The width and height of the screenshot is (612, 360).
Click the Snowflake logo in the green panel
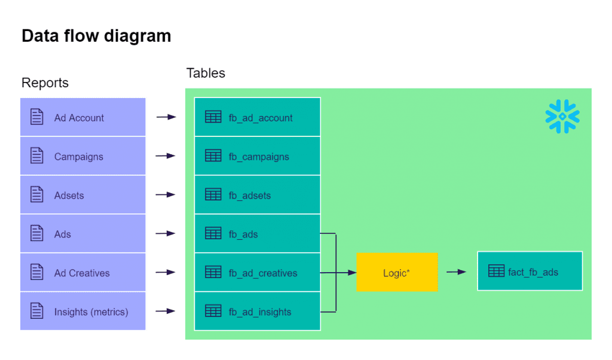coord(562,117)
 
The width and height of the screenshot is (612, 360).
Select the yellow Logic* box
coord(397,273)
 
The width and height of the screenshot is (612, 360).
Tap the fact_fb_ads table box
coord(530,271)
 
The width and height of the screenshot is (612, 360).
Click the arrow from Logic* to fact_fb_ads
coord(457,272)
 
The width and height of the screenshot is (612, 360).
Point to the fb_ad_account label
coord(261,118)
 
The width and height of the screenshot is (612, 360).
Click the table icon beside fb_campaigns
coord(213,156)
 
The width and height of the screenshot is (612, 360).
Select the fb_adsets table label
coord(249,196)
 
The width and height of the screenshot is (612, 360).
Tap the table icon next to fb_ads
coord(213,234)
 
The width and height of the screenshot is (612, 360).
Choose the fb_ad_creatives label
coord(262,273)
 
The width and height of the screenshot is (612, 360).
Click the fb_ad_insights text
coord(260,312)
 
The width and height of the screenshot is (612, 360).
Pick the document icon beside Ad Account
coord(37,117)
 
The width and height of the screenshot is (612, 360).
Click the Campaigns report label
coord(78,157)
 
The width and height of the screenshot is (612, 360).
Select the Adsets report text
coord(69,196)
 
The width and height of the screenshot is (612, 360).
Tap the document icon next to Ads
coord(37,234)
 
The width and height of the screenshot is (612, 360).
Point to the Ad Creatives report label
coord(82,273)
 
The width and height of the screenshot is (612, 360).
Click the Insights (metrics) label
coord(91,312)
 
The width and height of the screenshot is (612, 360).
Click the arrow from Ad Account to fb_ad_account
coord(166,118)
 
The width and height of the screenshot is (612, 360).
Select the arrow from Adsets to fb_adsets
coord(166,195)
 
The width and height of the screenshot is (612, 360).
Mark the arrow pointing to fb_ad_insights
coord(166,312)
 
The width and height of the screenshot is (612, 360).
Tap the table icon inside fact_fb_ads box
coord(496,271)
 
